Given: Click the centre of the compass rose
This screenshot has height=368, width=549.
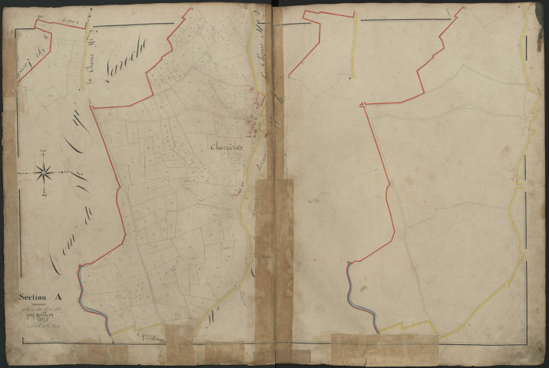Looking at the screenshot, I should [43, 174].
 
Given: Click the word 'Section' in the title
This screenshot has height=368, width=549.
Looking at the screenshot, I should [35, 296].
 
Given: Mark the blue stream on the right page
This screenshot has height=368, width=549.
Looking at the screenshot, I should [361, 295].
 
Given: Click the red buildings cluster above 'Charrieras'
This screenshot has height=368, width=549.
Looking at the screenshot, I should [254, 115].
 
